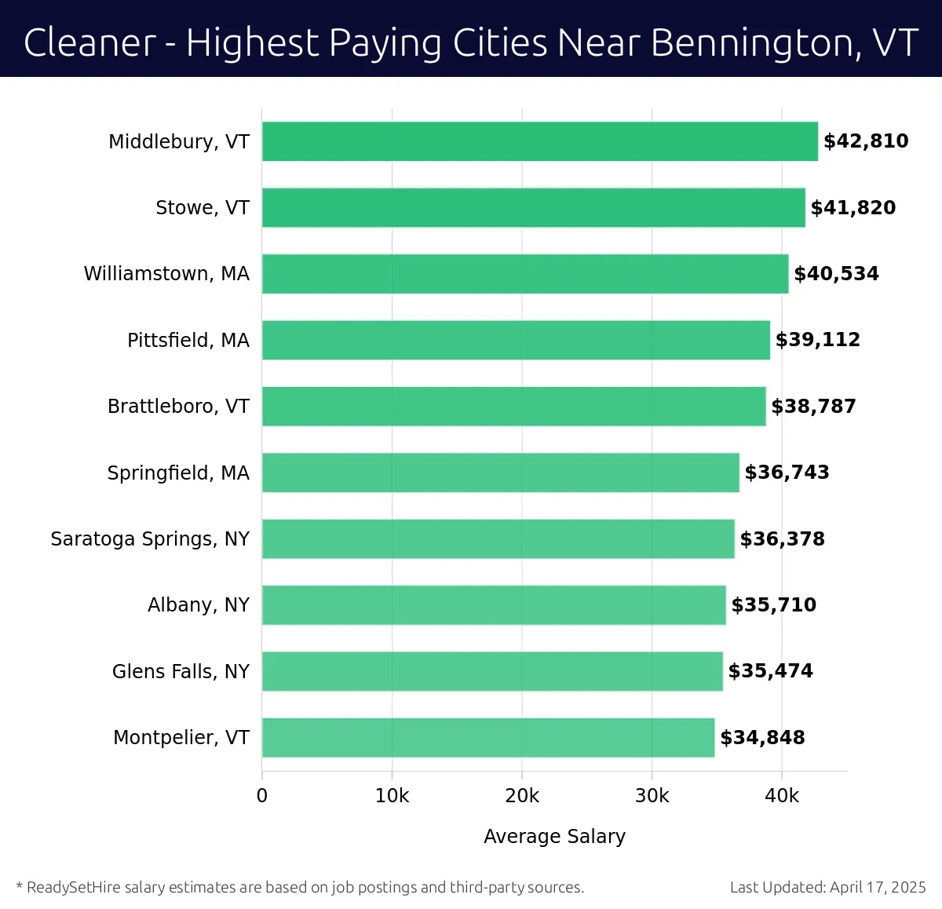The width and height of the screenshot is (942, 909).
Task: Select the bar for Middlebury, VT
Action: pyautogui.click(x=539, y=141)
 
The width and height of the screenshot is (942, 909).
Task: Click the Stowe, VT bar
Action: pyautogui.click(x=533, y=207)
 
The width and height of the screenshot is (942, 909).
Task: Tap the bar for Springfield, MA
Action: pyautogui.click(x=500, y=473)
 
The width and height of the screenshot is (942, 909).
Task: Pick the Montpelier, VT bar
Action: pyautogui.click(x=487, y=737)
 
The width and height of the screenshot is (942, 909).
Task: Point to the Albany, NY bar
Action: pyautogui.click(x=493, y=604)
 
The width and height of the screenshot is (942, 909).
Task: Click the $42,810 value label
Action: pyautogui.click(x=866, y=141)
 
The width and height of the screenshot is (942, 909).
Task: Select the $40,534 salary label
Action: pyautogui.click(x=836, y=274)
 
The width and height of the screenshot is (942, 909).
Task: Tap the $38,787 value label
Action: pyautogui.click(x=813, y=407)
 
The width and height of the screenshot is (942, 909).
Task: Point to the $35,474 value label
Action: pyautogui.click(x=770, y=671)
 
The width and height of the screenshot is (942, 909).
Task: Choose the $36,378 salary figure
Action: pyautogui.click(x=782, y=539)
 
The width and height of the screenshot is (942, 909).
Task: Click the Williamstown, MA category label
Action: pyautogui.click(x=166, y=274)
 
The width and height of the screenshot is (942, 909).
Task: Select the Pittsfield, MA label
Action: pyautogui.click(x=188, y=340)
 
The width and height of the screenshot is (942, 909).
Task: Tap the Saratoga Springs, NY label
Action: pyautogui.click(x=150, y=539)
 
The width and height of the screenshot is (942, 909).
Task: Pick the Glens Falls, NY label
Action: pyautogui.click(x=181, y=671)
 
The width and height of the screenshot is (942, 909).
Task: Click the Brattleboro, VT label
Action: pyautogui.click(x=178, y=407)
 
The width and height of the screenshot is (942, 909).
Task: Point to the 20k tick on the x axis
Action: pyautogui.click(x=522, y=796)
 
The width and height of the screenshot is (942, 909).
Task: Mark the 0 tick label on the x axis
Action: pyautogui.click(x=262, y=796)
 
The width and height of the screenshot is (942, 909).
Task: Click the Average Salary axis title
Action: pyautogui.click(x=554, y=837)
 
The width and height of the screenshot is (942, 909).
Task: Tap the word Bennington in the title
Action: pyautogui.click(x=750, y=44)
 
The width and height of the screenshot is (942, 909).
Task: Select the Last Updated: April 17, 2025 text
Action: pyautogui.click(x=827, y=888)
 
